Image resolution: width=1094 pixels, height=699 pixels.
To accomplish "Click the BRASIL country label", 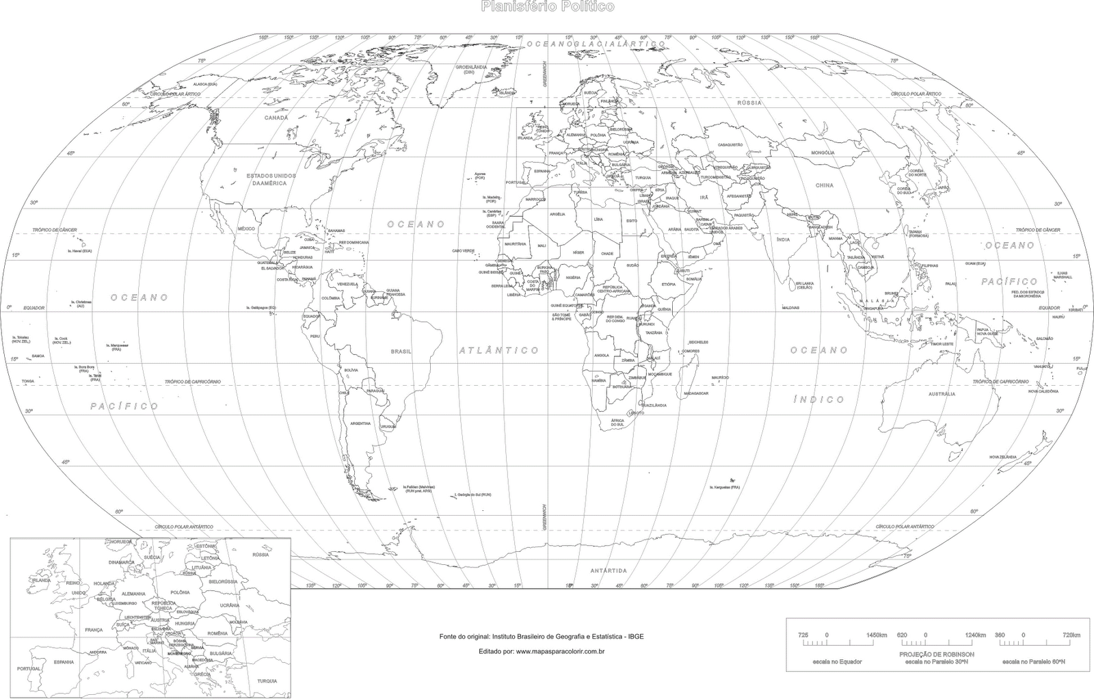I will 401,351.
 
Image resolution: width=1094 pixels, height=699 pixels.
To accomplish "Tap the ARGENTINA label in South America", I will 360,423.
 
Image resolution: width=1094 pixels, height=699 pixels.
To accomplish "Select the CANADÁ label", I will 276,118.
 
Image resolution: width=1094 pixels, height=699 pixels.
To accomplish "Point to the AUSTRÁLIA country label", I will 942,394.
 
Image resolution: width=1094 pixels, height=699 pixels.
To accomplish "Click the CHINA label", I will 825,185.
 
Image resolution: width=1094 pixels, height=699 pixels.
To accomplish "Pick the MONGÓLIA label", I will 823,153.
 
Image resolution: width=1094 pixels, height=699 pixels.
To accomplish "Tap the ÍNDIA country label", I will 783,239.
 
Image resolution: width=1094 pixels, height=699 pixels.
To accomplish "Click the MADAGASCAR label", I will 696,393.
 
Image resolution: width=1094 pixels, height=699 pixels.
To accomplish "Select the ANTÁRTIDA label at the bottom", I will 609,570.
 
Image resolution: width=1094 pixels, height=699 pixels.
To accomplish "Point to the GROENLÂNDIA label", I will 471,68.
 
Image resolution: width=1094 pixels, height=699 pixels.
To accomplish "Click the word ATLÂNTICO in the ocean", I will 498,350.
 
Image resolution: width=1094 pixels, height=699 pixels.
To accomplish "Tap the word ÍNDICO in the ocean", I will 818,399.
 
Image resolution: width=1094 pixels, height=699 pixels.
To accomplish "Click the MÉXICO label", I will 246,228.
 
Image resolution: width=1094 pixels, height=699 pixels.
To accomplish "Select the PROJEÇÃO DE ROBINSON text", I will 936,654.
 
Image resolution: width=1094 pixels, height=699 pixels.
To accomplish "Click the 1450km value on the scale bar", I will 876,635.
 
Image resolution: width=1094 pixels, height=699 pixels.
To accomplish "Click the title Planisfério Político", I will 548,7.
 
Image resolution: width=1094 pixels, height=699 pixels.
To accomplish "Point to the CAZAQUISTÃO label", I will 730,145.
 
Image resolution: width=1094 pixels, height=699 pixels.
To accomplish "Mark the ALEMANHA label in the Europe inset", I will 133,594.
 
